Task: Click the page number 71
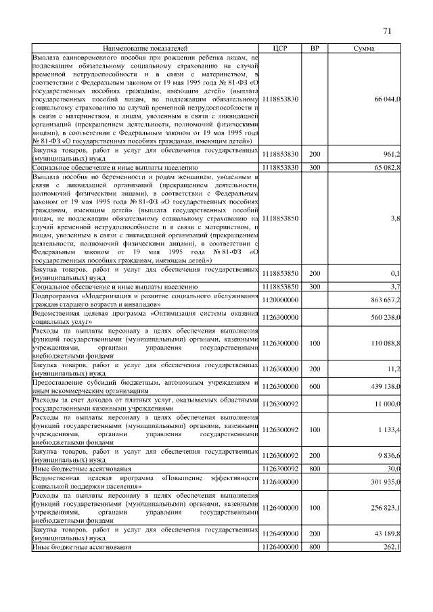(x=387, y=30)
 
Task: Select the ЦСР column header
(x=280, y=49)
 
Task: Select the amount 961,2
(x=392, y=154)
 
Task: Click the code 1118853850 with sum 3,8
(x=280, y=218)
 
